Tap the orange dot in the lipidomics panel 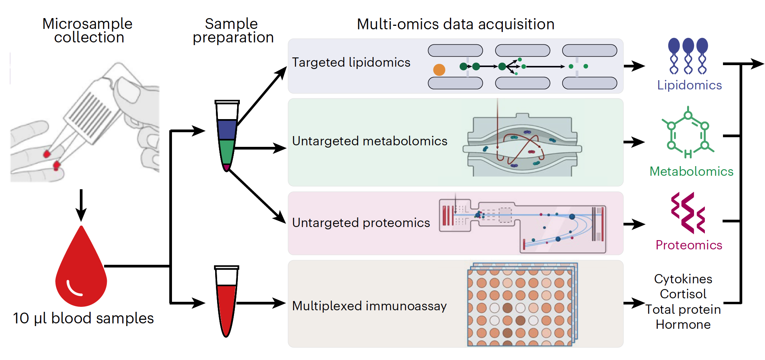pyautogui.click(x=439, y=70)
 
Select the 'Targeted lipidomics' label pyautogui.click(x=351, y=62)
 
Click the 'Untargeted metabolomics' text pyautogui.click(x=369, y=141)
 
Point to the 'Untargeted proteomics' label pyautogui.click(x=361, y=223)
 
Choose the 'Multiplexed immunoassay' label pyautogui.click(x=369, y=306)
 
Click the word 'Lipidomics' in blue pyautogui.click(x=689, y=85)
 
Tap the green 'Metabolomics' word pyautogui.click(x=691, y=172)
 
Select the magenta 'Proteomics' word pyautogui.click(x=689, y=245)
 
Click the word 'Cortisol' pyautogui.click(x=683, y=294)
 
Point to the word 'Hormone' pyautogui.click(x=683, y=325)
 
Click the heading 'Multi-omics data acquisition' pyautogui.click(x=455, y=24)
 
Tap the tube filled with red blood pyautogui.click(x=226, y=304)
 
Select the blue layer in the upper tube pyautogui.click(x=227, y=130)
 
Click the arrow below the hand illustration pyautogui.click(x=81, y=204)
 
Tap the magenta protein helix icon pyautogui.click(x=688, y=213)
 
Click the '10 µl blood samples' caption pyautogui.click(x=83, y=318)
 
